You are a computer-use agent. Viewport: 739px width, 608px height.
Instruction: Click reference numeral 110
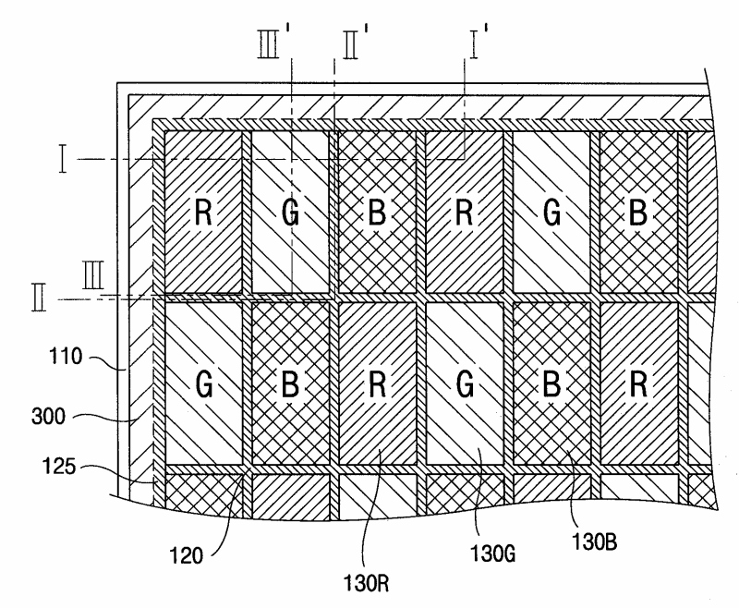(x=66, y=357)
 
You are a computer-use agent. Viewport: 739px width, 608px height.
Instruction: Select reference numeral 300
(x=48, y=417)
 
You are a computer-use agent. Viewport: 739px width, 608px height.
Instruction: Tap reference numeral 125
(x=59, y=466)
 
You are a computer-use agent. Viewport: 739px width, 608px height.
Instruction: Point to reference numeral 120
(x=187, y=555)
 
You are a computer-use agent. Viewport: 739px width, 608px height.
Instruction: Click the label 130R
(x=366, y=583)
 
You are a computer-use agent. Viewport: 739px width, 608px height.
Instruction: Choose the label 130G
(x=493, y=553)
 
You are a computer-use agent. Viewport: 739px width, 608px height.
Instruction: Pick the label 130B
(x=594, y=542)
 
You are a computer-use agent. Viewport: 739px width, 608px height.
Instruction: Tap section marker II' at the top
(x=355, y=43)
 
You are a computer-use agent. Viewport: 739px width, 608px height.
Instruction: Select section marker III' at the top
(x=274, y=43)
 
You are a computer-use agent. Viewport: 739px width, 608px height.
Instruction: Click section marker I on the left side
(x=63, y=159)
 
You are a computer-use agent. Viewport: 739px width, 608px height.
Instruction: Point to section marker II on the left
(x=39, y=298)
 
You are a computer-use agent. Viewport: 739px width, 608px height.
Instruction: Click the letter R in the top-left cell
(x=203, y=213)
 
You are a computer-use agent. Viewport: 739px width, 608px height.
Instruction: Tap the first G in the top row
(x=290, y=213)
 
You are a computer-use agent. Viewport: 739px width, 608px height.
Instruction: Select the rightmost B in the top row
(x=638, y=213)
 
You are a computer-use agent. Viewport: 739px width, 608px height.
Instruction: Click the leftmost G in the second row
(x=203, y=384)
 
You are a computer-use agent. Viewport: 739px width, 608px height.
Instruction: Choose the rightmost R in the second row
(x=638, y=384)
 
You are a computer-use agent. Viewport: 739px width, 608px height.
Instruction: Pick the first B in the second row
(x=290, y=384)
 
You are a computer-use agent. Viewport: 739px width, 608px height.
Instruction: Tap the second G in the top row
(x=551, y=213)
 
